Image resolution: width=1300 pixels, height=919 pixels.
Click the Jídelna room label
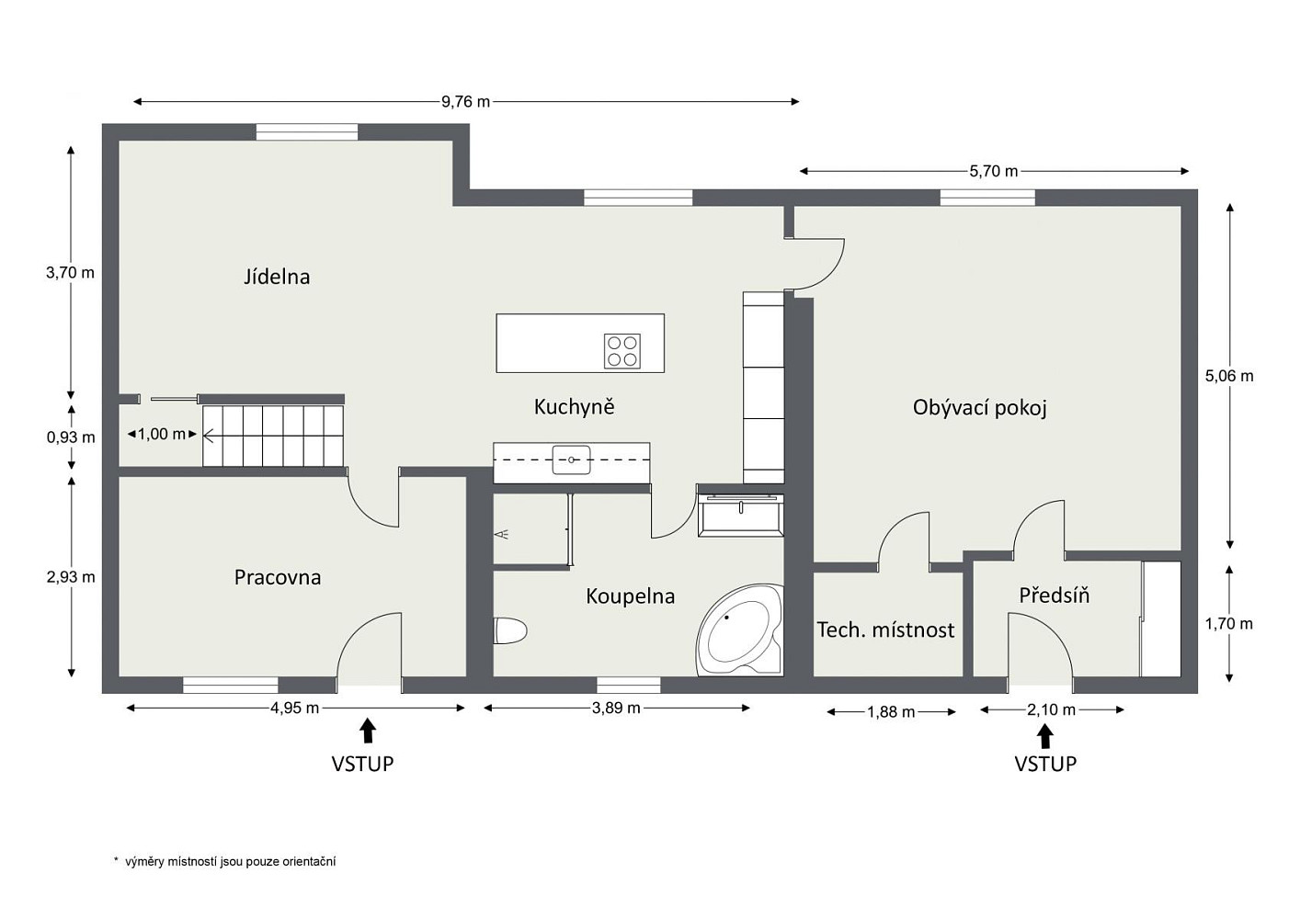click(x=277, y=277)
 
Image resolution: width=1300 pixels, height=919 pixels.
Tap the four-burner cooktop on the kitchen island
click(x=622, y=351)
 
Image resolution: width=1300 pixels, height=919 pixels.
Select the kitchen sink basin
click(x=571, y=460)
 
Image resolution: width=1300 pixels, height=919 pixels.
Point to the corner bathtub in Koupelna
click(x=740, y=630)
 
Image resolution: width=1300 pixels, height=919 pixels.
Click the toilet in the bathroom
click(x=510, y=631)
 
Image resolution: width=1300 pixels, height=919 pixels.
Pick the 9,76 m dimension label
click(x=465, y=102)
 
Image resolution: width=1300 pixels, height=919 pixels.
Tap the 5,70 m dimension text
click(x=994, y=171)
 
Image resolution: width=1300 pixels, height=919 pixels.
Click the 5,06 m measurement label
click(x=1229, y=376)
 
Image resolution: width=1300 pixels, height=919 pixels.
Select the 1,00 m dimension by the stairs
click(x=162, y=434)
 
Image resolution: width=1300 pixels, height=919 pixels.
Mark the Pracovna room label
click(x=278, y=577)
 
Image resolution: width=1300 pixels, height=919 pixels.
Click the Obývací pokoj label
click(x=980, y=408)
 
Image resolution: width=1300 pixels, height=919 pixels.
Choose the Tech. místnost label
click(x=885, y=630)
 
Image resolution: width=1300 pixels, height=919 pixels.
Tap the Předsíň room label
click(x=1055, y=596)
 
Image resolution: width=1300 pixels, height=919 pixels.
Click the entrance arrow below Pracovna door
click(x=367, y=731)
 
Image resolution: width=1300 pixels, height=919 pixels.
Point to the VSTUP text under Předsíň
click(x=1045, y=764)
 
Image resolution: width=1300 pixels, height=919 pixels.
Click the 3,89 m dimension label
click(x=616, y=708)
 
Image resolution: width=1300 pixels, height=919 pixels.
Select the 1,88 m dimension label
click(x=891, y=712)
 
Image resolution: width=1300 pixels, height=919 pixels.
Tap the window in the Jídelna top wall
click(x=307, y=132)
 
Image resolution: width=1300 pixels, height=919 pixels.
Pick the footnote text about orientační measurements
click(x=224, y=862)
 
